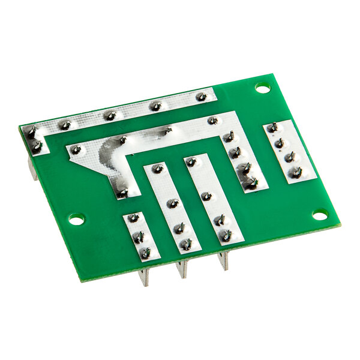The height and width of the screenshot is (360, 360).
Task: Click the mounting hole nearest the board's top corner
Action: point(262,88)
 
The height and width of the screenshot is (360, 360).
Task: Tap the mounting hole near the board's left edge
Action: point(76,220)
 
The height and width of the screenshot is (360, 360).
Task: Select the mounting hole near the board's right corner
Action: point(320,214)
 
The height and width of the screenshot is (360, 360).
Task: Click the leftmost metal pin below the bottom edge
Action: point(144,277)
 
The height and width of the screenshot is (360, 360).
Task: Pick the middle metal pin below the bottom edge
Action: point(181,269)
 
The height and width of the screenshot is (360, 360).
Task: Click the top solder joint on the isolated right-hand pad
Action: point(273,127)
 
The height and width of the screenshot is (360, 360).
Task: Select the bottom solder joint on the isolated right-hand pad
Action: point(295,173)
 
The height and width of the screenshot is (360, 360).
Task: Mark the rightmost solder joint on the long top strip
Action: point(202,96)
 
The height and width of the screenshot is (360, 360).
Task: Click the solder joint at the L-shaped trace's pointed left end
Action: point(75,149)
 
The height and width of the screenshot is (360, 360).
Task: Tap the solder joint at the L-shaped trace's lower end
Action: point(122,192)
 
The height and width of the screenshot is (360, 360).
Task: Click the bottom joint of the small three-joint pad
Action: point(145,253)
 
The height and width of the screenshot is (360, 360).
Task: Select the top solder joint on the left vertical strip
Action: point(158,169)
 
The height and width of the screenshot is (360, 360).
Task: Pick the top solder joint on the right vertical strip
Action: point(191,161)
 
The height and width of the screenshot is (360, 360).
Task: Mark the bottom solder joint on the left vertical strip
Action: point(186,244)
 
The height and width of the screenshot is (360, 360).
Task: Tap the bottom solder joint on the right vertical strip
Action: point(226,235)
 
